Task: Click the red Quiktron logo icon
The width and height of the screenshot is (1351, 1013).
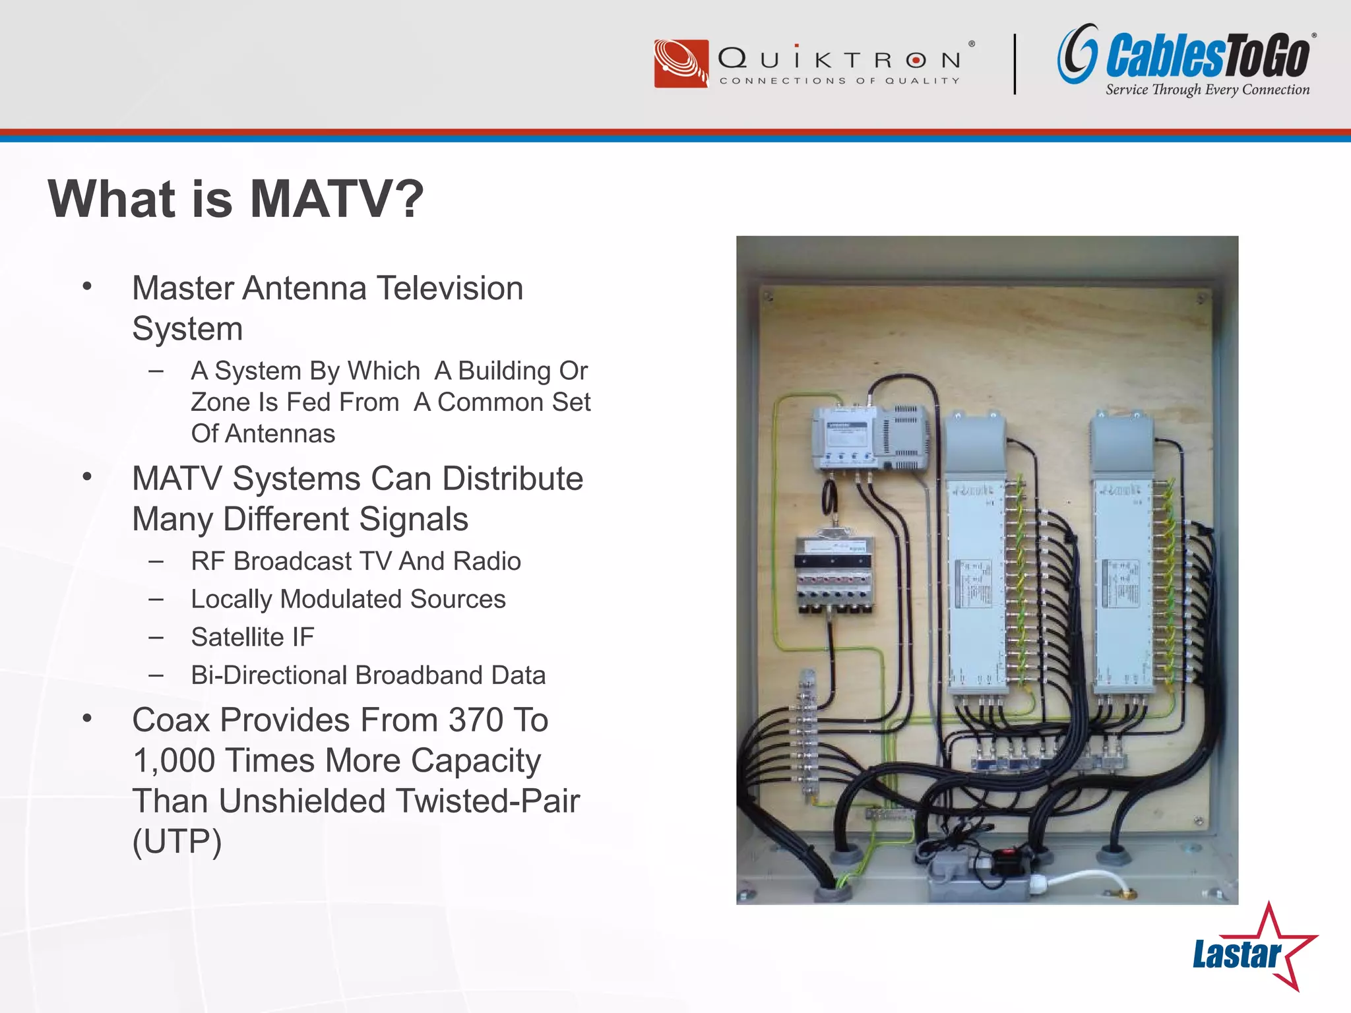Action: (681, 63)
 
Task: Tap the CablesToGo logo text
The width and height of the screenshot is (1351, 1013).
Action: (1207, 56)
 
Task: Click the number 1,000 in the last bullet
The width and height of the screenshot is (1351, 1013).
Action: (173, 761)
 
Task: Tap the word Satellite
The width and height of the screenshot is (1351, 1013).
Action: (237, 637)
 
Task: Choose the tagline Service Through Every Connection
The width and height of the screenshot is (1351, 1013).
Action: (1207, 90)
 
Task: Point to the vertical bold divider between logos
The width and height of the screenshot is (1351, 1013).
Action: (1015, 64)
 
